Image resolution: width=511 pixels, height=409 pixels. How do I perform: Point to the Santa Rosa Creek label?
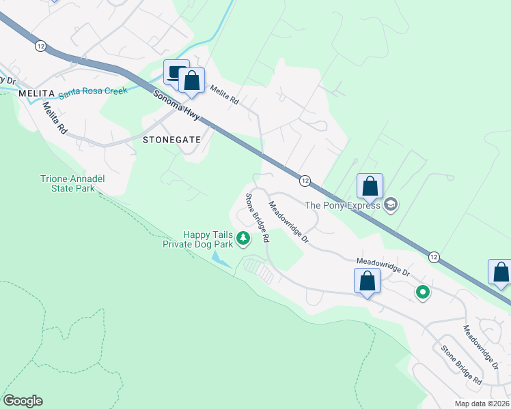tap(93, 91)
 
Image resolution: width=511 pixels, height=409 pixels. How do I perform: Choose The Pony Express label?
tap(342, 204)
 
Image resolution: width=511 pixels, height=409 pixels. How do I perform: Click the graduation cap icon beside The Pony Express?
tap(391, 204)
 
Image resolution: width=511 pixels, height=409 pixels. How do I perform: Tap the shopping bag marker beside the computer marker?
tap(193, 81)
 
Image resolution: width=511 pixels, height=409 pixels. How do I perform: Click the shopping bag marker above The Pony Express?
tap(370, 185)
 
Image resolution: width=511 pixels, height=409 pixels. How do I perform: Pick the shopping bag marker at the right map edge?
tap(501, 272)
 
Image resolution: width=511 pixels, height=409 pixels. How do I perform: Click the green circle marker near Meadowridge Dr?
tap(423, 292)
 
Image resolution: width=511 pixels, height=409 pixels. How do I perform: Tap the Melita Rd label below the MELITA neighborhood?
tap(55, 117)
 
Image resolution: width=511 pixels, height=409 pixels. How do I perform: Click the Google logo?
tap(23, 401)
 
